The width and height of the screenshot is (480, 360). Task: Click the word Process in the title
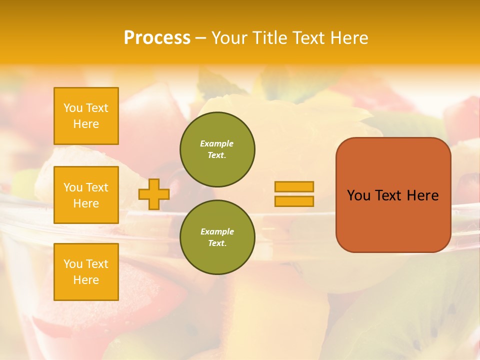pos(157,38)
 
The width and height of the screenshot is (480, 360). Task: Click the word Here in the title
pos(348,38)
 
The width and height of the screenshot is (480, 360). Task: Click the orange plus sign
pos(153,194)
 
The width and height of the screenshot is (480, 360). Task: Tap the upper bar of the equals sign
pos(294,186)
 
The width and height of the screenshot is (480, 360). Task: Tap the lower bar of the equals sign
pos(294,201)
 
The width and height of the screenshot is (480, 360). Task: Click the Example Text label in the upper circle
pos(217,149)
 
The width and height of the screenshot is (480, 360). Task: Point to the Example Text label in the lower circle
pos(217,237)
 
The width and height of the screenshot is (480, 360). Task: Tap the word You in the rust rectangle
pos(358,195)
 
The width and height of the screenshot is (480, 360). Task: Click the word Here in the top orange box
pos(86,124)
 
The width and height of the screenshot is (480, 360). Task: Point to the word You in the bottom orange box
pos(73,264)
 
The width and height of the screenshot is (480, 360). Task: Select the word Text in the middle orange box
pos(96,187)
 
